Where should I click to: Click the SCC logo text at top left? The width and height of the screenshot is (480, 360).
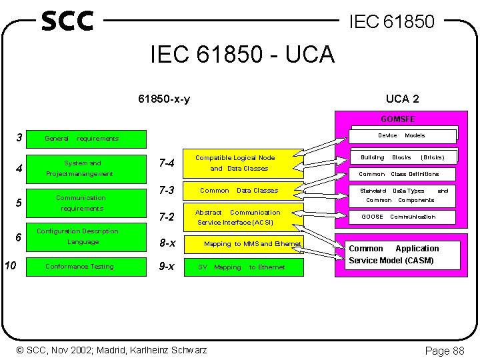click(67, 21)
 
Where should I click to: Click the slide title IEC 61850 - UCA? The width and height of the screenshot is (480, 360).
click(242, 54)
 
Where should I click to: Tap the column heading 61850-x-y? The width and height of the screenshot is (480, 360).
click(164, 99)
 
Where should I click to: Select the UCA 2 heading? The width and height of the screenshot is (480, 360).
click(402, 99)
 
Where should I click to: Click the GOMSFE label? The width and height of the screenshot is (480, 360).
click(397, 119)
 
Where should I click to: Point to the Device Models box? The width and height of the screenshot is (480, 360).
click(404, 135)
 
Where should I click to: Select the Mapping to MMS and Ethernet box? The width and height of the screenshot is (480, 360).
click(251, 244)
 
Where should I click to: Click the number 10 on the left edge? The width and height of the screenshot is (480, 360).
click(10, 266)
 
